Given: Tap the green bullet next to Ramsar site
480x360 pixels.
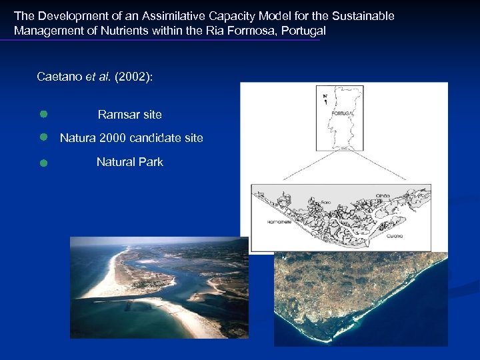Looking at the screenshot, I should [x=42, y=115].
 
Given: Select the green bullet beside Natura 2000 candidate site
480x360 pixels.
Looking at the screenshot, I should [x=42, y=137].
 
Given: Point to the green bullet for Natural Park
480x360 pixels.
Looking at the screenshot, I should [x=42, y=162].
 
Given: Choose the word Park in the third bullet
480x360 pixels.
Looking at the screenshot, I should [x=150, y=162].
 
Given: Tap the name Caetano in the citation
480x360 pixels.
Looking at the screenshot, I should [x=59, y=77].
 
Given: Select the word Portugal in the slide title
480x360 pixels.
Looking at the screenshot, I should [x=303, y=31].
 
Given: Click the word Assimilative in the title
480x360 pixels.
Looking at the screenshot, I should [x=170, y=15].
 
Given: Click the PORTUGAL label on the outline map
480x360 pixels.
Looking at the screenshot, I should [x=341, y=114].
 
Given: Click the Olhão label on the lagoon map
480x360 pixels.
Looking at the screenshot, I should [x=382, y=195].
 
